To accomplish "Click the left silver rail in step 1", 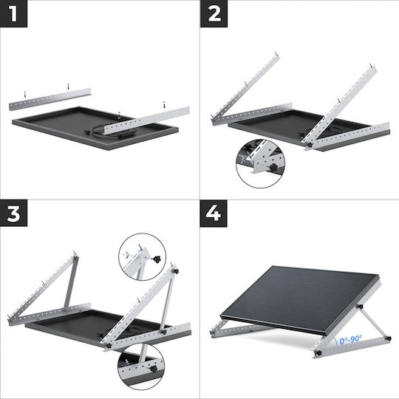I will coord(50,99).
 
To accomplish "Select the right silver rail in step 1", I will coord(148,120).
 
